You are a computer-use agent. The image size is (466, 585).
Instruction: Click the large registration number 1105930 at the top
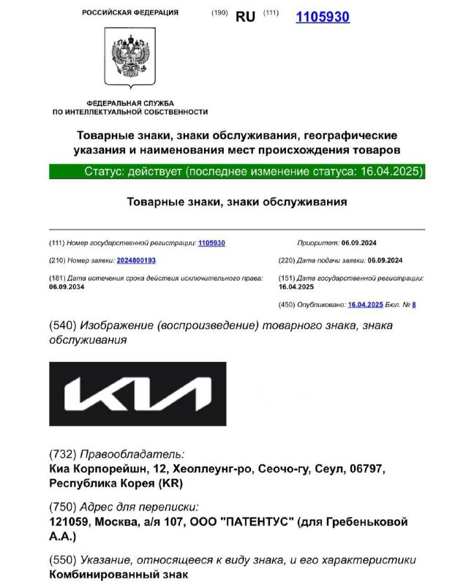pyautogui.click(x=322, y=16)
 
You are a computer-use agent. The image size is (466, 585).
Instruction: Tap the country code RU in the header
pyautogui.click(x=245, y=16)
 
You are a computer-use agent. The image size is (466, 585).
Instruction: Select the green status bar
pyautogui.click(x=236, y=172)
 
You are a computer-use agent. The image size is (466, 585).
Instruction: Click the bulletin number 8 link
pyautogui.click(x=413, y=304)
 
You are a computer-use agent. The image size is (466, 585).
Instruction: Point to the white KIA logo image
pyautogui.click(x=138, y=393)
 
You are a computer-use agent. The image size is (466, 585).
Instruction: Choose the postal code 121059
pyautogui.click(x=68, y=522)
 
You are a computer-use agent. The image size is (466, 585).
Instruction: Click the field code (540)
pyautogui.click(x=62, y=325)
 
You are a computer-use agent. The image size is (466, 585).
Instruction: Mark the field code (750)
pyautogui.click(x=62, y=507)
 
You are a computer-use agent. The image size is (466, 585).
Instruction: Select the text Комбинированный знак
pyautogui.click(x=119, y=575)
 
